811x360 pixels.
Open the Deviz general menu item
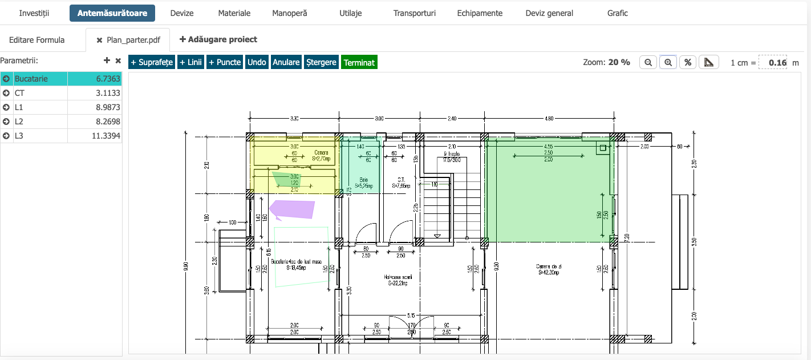[x=549, y=13]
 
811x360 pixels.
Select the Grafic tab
[x=617, y=13]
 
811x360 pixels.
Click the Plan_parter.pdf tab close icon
[x=100, y=40]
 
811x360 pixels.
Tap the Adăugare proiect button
[x=218, y=39]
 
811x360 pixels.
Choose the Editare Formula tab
[x=37, y=40]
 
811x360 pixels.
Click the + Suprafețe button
[x=152, y=62]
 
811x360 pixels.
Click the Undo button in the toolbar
[x=257, y=62]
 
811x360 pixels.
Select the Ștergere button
[x=321, y=62]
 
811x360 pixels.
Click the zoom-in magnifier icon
[x=668, y=62]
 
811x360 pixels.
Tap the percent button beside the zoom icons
[x=688, y=62]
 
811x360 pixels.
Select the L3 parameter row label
[x=19, y=136]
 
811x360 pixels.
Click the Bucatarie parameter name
[x=31, y=79]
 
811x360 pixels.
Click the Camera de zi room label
[x=549, y=269]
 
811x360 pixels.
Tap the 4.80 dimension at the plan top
[x=549, y=119]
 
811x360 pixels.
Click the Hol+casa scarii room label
[x=398, y=280]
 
